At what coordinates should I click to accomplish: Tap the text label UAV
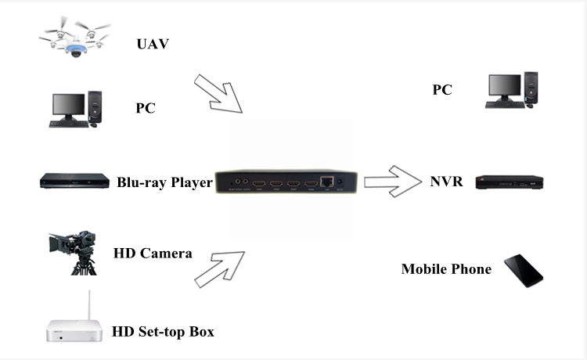click(x=153, y=43)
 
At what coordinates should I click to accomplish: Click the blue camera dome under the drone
click(x=77, y=52)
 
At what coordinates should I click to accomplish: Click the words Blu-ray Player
click(x=164, y=182)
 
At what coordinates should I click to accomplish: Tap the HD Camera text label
click(x=153, y=253)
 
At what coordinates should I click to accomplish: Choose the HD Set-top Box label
click(x=163, y=332)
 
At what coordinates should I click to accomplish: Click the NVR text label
click(x=447, y=182)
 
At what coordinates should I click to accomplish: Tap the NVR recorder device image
click(x=510, y=183)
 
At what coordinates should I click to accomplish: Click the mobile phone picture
click(x=523, y=271)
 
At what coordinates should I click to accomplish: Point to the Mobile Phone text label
click(x=446, y=269)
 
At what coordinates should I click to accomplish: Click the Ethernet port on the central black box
click(x=326, y=181)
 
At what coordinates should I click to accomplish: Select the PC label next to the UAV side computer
click(x=145, y=108)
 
